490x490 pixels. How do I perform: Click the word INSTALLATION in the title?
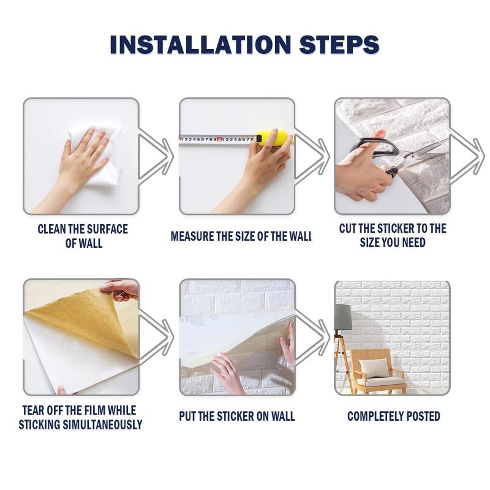(200, 44)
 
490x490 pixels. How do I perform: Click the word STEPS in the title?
(339, 44)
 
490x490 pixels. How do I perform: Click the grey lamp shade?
(343, 317)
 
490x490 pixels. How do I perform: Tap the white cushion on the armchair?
(374, 367)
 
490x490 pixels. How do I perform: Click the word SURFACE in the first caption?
(107, 229)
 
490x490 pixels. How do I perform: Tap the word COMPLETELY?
(371, 417)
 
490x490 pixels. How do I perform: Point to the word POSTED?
(419, 417)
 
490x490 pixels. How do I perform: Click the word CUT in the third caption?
(348, 228)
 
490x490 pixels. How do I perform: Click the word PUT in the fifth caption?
(187, 417)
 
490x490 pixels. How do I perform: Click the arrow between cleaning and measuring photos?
(156, 156)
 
